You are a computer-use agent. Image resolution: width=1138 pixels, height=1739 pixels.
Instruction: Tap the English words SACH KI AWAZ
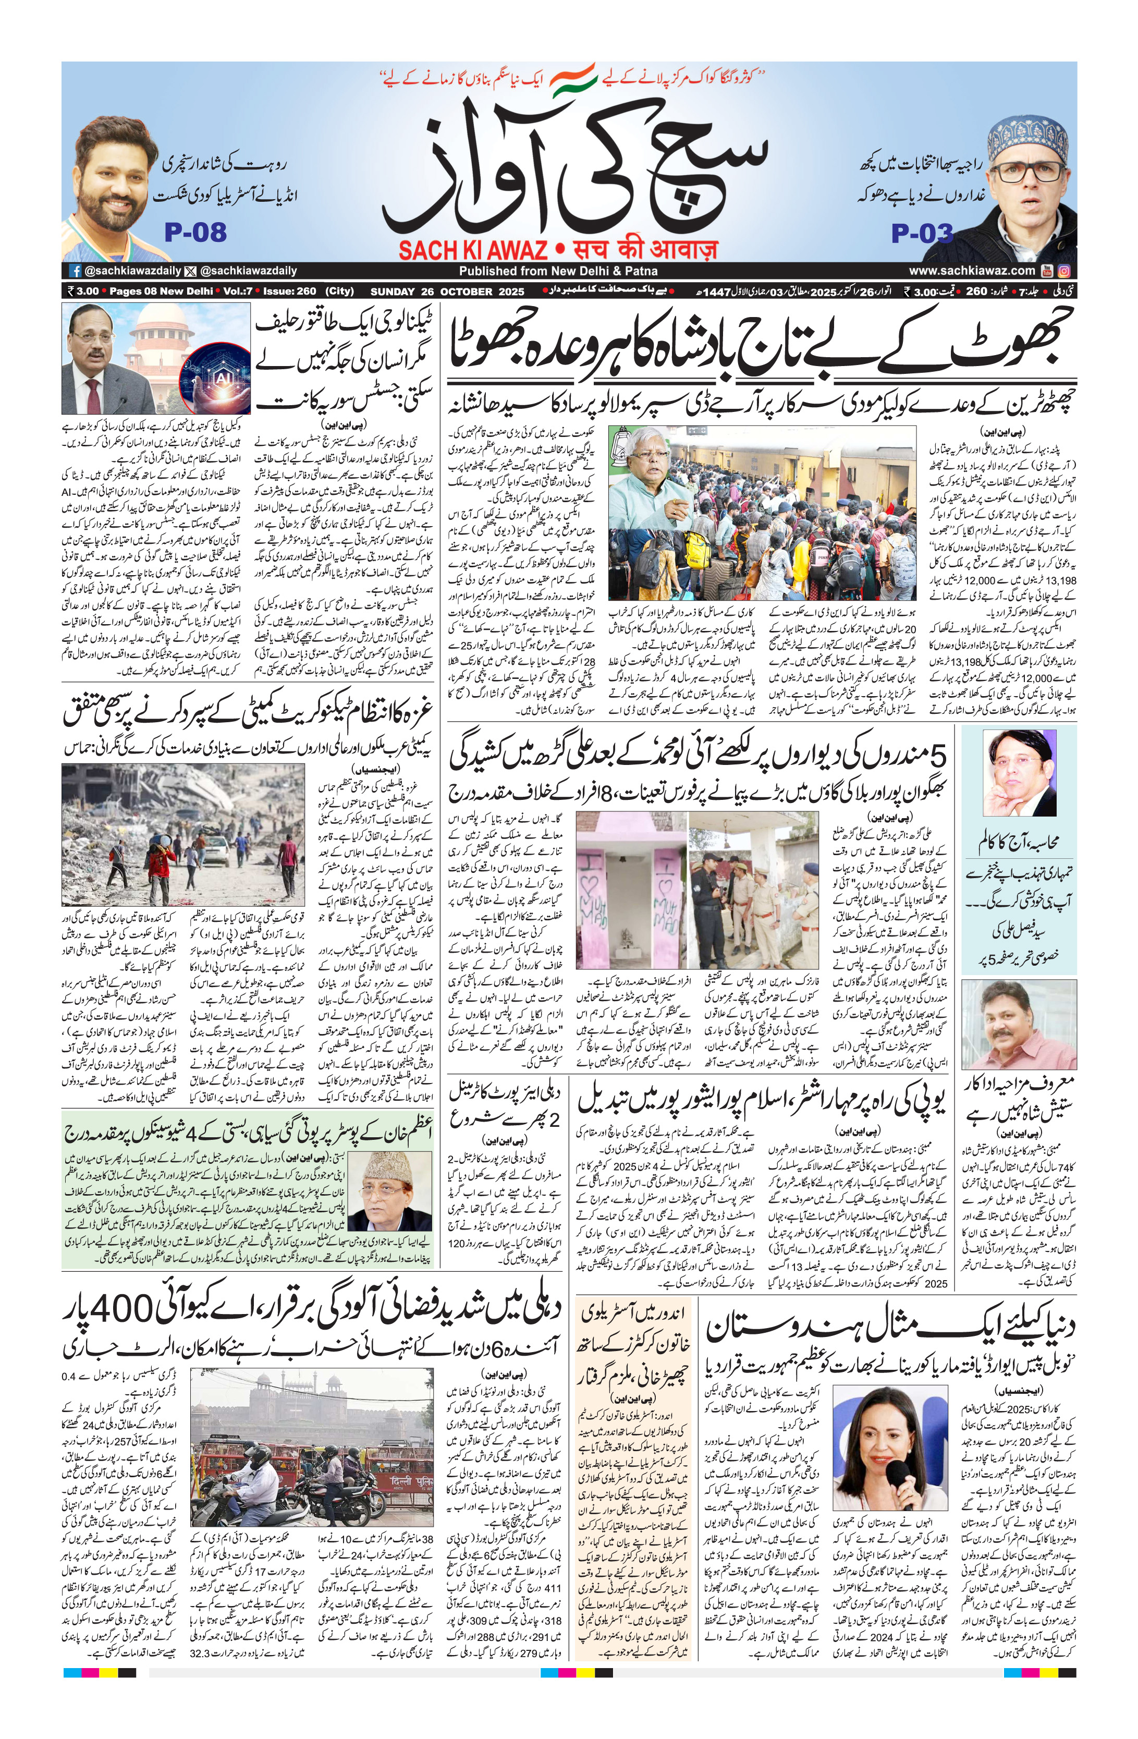pyautogui.click(x=473, y=251)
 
